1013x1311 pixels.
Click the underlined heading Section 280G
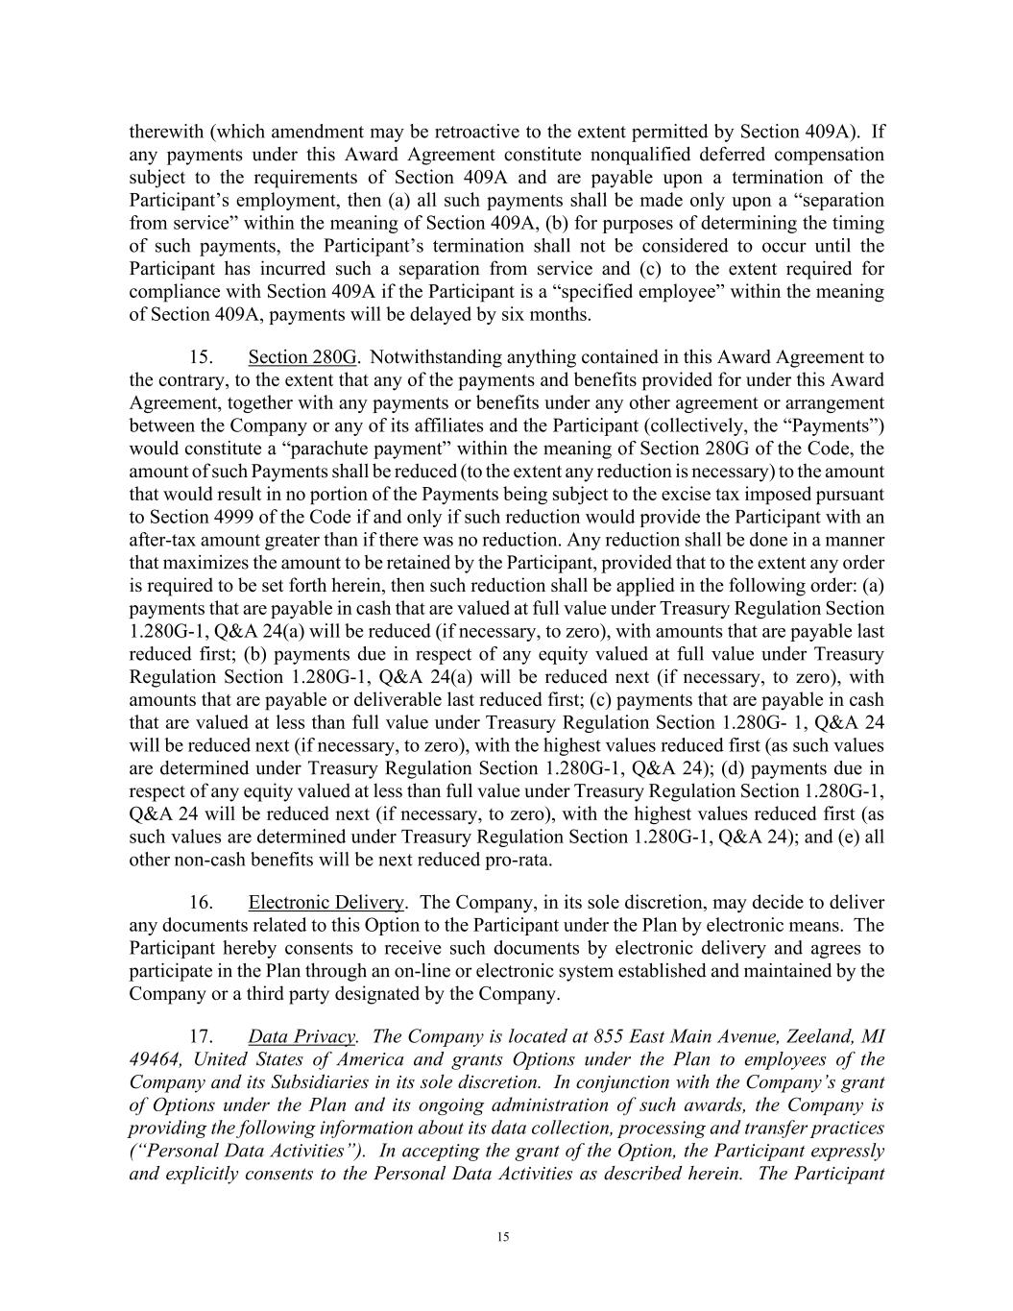[x=302, y=358]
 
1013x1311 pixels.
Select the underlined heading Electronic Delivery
[x=326, y=903]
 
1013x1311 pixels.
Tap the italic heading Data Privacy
[x=302, y=1037]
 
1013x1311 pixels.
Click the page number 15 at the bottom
[x=503, y=1237]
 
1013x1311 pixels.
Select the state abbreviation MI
[x=873, y=1037]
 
